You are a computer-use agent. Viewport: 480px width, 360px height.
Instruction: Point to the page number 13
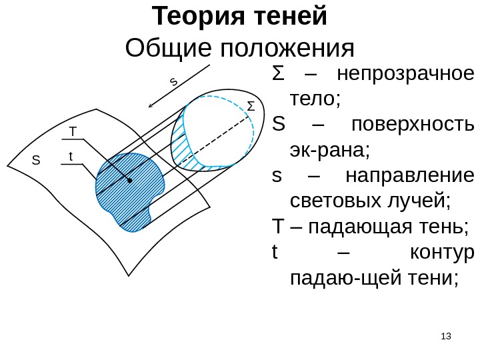[447, 336]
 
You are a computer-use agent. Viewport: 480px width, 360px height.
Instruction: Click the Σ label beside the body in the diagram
[251, 106]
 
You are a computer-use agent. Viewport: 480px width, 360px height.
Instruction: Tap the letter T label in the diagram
[73, 131]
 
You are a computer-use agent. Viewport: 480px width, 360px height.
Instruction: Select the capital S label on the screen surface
[36, 161]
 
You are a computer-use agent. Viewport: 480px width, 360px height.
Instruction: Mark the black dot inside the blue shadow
[129, 180]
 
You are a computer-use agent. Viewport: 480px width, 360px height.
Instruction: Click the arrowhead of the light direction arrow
[151, 105]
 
